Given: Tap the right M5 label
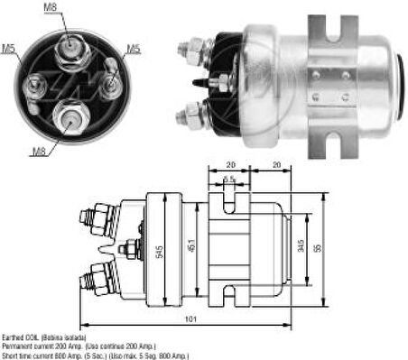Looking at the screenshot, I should [x=132, y=48].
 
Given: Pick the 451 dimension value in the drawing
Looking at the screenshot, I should [x=191, y=245].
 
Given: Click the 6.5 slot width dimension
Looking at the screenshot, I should [x=230, y=181].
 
